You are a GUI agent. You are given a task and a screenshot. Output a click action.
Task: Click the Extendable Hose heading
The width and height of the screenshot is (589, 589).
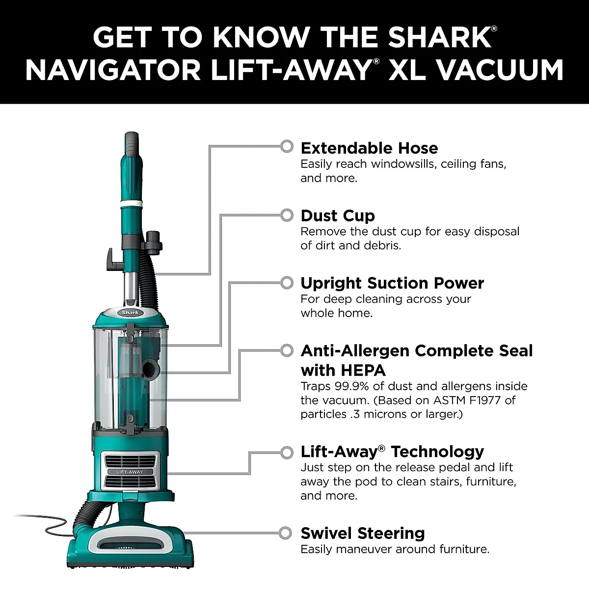[x=369, y=148]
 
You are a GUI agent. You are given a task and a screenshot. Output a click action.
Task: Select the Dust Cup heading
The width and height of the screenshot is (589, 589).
[x=337, y=216]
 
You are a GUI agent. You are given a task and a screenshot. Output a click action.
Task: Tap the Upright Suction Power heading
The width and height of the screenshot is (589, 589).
[x=392, y=283]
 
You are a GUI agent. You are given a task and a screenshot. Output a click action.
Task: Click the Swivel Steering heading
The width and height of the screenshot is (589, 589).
[x=362, y=533]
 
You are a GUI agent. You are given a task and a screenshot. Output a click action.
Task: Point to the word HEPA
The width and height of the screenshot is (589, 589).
[x=343, y=370]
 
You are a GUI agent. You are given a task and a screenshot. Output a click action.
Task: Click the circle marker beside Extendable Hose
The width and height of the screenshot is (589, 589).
[x=287, y=146]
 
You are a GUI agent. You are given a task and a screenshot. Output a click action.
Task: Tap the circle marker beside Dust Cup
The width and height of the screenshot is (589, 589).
[x=287, y=215]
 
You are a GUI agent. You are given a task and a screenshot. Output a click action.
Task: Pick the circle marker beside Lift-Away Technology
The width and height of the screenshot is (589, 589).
[x=287, y=453]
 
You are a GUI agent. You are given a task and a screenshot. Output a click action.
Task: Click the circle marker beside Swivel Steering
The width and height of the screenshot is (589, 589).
[x=287, y=533]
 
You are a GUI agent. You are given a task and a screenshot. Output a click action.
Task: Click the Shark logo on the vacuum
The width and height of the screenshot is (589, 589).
[x=130, y=313]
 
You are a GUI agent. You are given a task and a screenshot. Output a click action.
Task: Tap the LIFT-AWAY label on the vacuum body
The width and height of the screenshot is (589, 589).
[x=130, y=472]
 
